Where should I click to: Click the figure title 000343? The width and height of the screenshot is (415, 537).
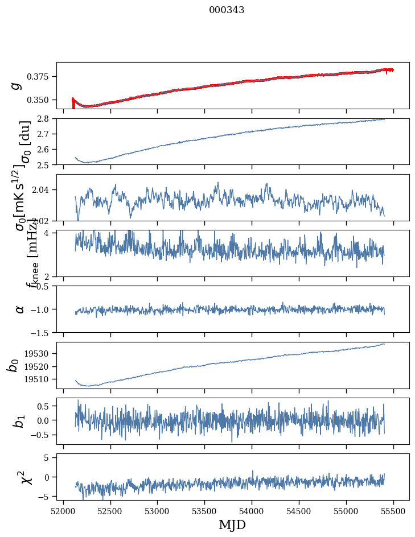click(x=227, y=10)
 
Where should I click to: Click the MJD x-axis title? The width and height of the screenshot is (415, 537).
click(x=232, y=524)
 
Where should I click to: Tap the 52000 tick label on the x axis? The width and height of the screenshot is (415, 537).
click(x=63, y=510)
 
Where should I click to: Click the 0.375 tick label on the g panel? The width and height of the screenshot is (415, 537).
click(x=38, y=77)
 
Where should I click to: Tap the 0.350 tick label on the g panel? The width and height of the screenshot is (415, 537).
click(x=38, y=100)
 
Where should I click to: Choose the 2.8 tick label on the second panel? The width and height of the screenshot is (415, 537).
click(x=44, y=118)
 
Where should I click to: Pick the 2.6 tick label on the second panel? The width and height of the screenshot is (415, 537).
click(x=44, y=150)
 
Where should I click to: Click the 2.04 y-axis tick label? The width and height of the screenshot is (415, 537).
click(x=42, y=189)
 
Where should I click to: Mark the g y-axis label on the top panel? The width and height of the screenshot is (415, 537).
click(x=17, y=85)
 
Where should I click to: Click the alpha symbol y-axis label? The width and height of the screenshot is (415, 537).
click(x=20, y=309)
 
